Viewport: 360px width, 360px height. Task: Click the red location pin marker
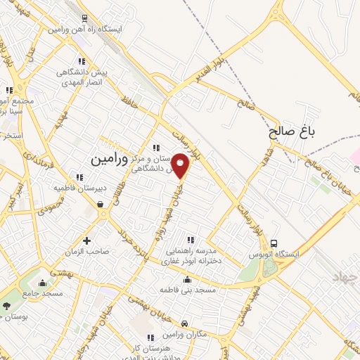tap(181, 166)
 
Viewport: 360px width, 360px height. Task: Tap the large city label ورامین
tap(110, 159)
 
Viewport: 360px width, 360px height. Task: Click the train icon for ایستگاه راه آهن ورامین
tap(84, 19)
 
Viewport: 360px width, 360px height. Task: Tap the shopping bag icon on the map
tap(102, 205)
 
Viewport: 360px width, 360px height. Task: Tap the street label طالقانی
tap(146, 184)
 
